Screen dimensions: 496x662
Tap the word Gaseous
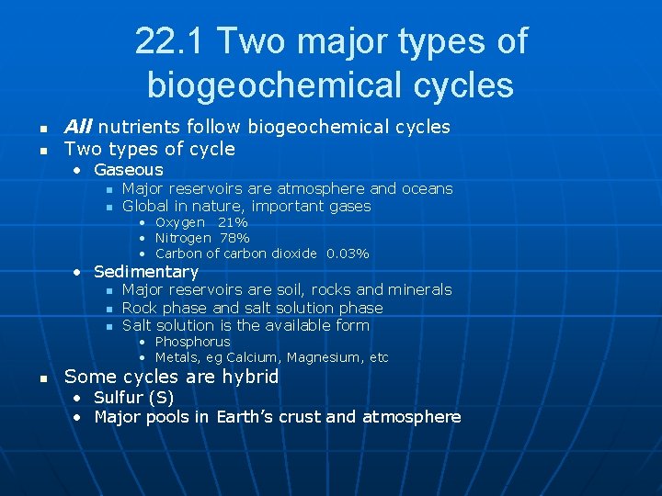coord(129,170)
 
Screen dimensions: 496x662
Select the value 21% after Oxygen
coord(233,222)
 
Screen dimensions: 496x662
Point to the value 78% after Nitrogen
coord(234,238)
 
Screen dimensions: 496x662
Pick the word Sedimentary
coord(146,272)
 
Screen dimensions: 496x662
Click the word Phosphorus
coord(193,342)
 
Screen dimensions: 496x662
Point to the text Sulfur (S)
coord(134,398)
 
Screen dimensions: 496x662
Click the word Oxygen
coord(180,222)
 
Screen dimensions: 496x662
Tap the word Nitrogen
coord(183,238)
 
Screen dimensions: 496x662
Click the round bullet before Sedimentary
coord(80,272)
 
